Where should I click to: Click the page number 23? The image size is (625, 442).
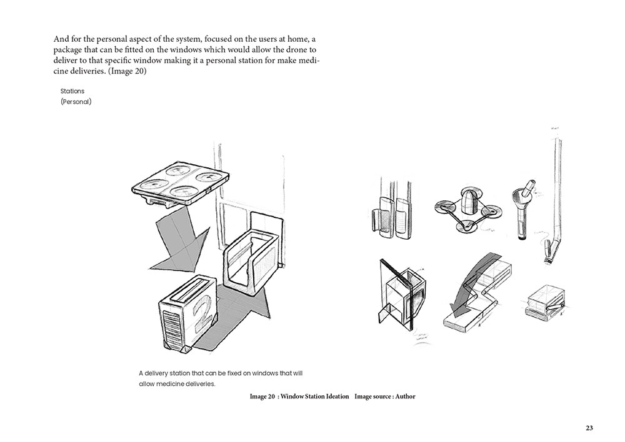(589, 428)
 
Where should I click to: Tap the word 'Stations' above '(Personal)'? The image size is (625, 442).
(72, 91)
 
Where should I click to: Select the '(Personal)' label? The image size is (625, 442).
(76, 102)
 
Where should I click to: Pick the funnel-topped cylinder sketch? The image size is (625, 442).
(521, 211)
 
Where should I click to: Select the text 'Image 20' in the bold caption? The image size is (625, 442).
(262, 396)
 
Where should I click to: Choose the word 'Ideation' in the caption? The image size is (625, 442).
(335, 396)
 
